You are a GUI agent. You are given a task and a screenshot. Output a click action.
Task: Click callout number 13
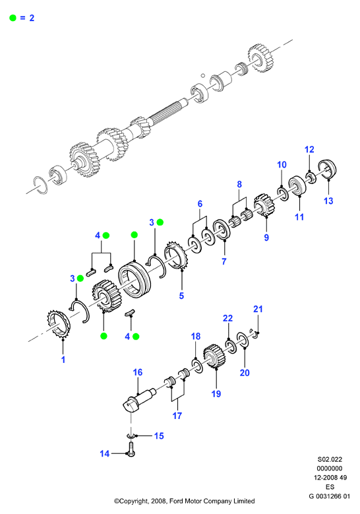(x=328, y=201)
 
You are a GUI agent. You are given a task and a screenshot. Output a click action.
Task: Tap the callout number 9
(x=266, y=237)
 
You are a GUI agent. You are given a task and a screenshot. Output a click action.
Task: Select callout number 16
(x=138, y=372)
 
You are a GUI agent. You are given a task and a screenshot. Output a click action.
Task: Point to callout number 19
(x=216, y=393)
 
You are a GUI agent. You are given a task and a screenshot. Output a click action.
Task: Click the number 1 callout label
(x=63, y=360)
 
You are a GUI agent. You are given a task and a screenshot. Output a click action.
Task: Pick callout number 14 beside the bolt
(x=104, y=453)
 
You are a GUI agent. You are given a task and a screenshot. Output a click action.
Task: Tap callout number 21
(x=258, y=309)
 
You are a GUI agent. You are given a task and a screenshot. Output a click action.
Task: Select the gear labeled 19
(x=214, y=357)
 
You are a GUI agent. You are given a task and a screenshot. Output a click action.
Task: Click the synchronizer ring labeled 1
(x=58, y=325)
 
